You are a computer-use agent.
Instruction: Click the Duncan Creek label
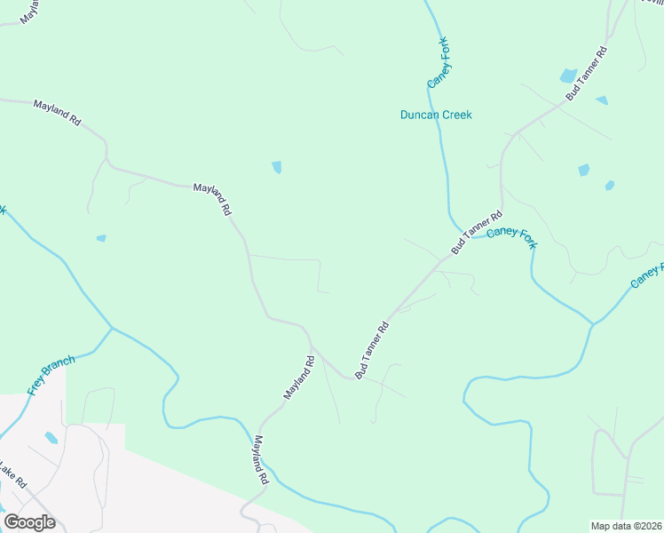point(435,115)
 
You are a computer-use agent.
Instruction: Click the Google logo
point(29,522)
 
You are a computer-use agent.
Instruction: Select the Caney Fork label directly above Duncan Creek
point(439,62)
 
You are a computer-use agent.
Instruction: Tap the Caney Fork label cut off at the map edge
point(647,275)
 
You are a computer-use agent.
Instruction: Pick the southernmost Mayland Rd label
point(261,458)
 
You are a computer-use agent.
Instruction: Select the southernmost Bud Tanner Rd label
point(373,350)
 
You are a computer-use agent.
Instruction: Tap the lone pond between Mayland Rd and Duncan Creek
point(276,167)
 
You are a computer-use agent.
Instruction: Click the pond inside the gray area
point(51,438)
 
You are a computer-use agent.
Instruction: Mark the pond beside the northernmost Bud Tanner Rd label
point(568,76)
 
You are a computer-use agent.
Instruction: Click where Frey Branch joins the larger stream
point(112,328)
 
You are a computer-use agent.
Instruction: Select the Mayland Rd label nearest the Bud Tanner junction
point(299,377)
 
